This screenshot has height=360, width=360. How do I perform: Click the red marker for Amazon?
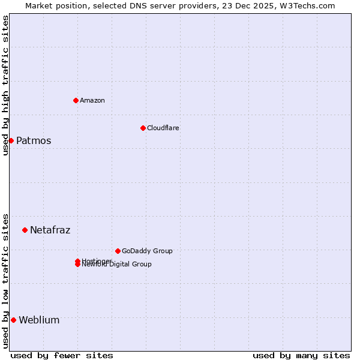coord(76,100)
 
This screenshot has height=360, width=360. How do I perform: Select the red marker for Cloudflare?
coord(143,128)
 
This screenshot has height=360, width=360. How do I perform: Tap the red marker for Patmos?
coord(11,140)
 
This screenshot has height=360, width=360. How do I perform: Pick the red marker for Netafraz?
coord(25,230)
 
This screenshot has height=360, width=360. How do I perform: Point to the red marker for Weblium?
coord(13,320)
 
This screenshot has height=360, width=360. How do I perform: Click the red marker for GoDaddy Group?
coord(118,251)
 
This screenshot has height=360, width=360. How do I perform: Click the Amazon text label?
coord(92,100)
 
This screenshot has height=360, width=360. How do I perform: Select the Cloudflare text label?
coord(163,128)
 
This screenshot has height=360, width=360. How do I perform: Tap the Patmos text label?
coord(34,141)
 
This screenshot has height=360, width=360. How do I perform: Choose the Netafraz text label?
coord(50,230)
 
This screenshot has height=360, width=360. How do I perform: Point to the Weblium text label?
coord(39,320)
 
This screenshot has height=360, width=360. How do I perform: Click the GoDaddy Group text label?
coord(147,251)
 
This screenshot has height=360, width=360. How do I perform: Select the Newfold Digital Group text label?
coord(118,265)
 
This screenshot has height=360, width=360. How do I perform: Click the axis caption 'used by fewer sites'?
coord(62,355)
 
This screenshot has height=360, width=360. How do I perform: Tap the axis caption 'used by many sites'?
coord(301,355)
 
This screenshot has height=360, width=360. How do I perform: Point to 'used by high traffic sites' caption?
coord(5,85)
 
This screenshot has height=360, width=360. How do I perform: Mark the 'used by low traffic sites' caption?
coord(5,281)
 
